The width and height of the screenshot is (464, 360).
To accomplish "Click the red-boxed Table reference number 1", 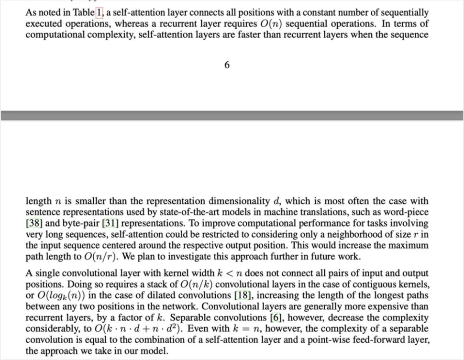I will click(99, 13).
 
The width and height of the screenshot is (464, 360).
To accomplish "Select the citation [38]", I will click(33, 223).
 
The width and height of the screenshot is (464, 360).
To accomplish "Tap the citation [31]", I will click(110, 223).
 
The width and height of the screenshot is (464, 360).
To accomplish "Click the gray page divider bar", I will click(232, 115).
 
